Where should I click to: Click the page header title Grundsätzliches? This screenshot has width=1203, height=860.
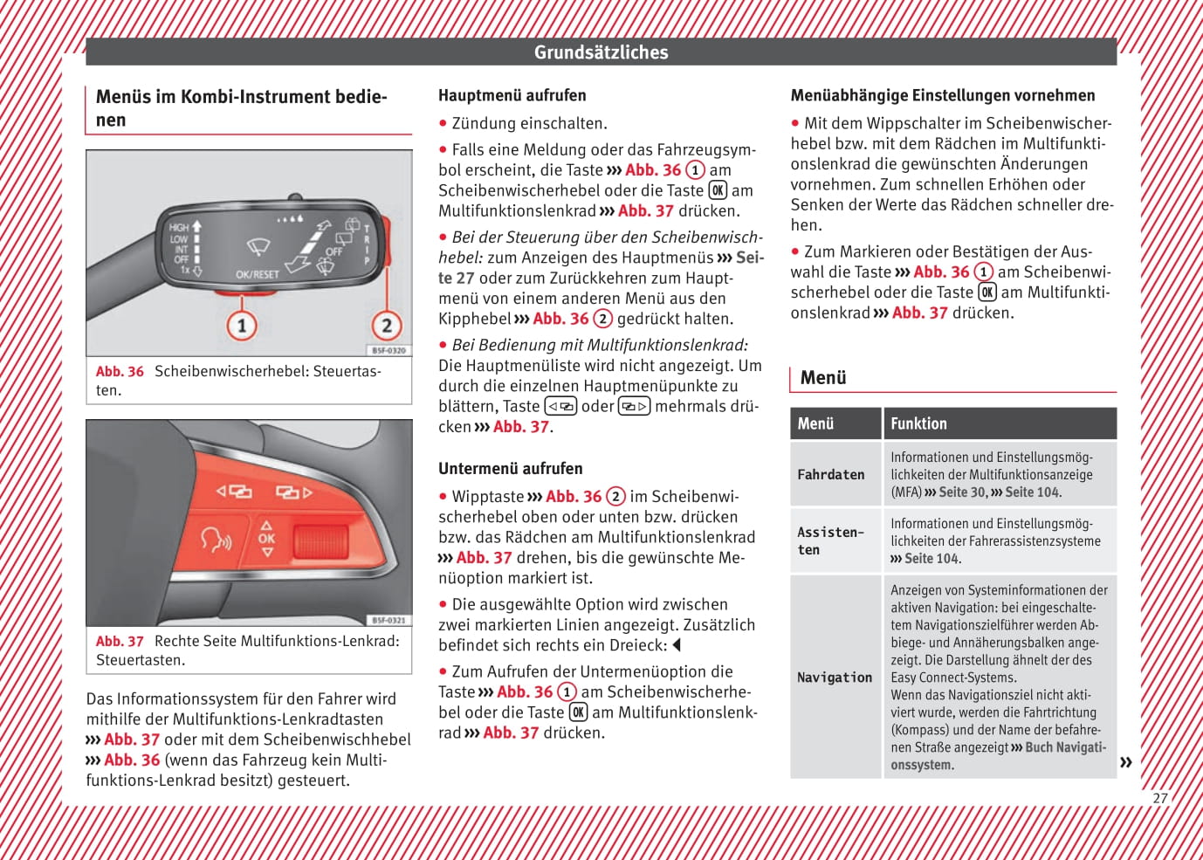click(x=601, y=52)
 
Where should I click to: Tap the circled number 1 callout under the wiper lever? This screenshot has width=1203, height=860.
click(x=242, y=326)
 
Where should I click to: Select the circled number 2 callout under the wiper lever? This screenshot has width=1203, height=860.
click(x=387, y=326)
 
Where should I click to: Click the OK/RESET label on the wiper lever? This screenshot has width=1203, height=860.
click(x=258, y=274)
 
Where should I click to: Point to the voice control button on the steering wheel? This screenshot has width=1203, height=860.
click(x=216, y=540)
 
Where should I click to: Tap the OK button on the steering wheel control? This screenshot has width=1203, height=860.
click(x=266, y=539)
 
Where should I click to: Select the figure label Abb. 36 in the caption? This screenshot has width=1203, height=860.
click(x=120, y=371)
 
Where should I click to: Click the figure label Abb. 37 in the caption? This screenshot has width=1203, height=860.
click(x=120, y=641)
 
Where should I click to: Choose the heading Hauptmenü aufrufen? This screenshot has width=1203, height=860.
click(x=512, y=95)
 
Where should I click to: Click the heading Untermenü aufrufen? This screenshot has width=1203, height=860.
click(x=510, y=468)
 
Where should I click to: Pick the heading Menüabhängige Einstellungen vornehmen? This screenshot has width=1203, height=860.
click(x=942, y=95)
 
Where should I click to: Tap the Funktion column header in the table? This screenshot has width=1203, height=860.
click(x=918, y=423)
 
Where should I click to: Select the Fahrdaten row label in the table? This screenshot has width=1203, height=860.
click(x=831, y=474)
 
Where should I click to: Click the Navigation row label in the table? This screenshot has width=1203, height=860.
click(x=835, y=677)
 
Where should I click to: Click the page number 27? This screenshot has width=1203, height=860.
click(x=1159, y=797)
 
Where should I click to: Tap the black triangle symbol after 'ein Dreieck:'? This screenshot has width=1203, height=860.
click(x=677, y=645)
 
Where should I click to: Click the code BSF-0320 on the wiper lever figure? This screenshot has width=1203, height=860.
click(x=388, y=350)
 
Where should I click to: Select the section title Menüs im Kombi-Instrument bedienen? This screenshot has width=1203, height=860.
click(x=241, y=107)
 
